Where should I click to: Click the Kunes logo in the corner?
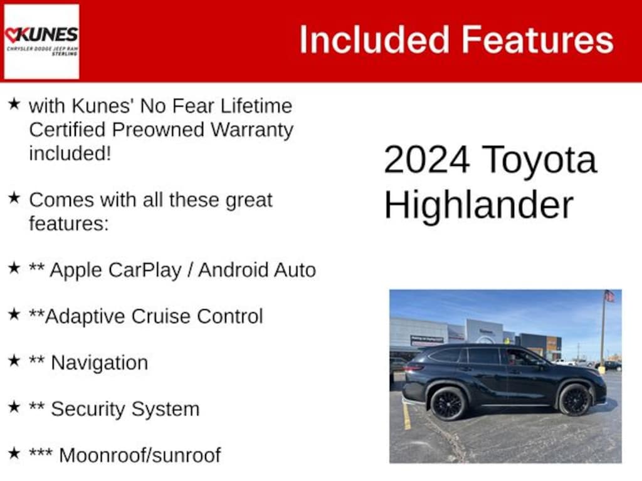pyautogui.click(x=41, y=41)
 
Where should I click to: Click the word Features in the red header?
pyautogui.click(x=538, y=39)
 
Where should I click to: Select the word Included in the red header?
pyautogui.click(x=375, y=39)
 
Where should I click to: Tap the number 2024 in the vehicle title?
pyautogui.click(x=426, y=160)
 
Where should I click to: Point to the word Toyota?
pyautogui.click(x=539, y=161)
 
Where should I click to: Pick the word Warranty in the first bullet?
pyautogui.click(x=252, y=131)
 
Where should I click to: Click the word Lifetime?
pyautogui.click(x=256, y=106)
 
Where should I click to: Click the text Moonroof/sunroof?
pyautogui.click(x=140, y=455)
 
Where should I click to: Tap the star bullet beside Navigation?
pyautogui.click(x=14, y=361)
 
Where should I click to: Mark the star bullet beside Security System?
pyautogui.click(x=14, y=407)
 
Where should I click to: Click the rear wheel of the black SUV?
pyautogui.click(x=448, y=404)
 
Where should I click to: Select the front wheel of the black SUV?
pyautogui.click(x=574, y=400)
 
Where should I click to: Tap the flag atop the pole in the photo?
pyautogui.click(x=609, y=296)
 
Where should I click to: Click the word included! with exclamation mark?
pyautogui.click(x=70, y=154)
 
